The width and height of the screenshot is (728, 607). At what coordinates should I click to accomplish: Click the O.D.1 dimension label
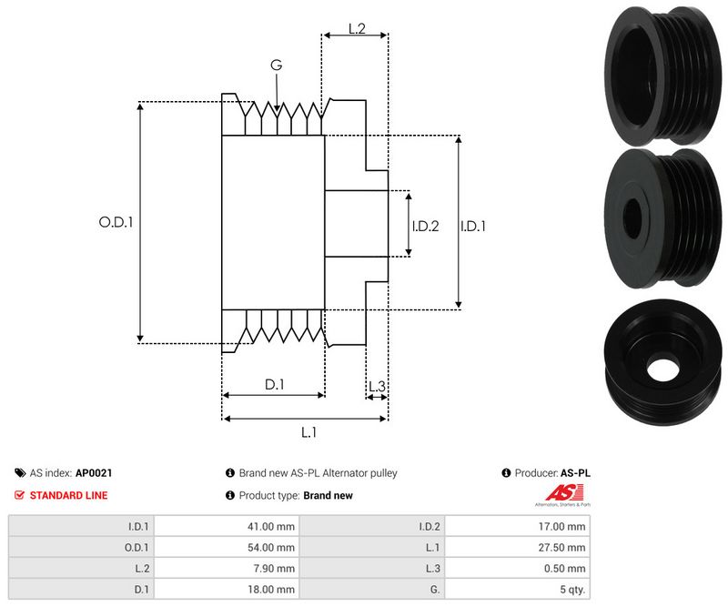point(116,221)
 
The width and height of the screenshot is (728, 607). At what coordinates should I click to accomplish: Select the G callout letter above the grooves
point(277,66)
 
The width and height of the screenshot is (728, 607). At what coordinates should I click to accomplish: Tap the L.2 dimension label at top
point(356,29)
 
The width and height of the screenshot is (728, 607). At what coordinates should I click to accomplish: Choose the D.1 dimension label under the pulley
point(274,385)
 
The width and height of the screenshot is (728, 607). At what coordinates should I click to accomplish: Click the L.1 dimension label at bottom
point(308,432)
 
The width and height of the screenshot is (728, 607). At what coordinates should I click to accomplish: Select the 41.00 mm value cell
point(274,526)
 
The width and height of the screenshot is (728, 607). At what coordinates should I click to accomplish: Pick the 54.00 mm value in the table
point(274,547)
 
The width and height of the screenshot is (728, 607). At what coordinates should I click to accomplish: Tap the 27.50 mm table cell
point(564,547)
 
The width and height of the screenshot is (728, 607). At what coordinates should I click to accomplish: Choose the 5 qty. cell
point(571,589)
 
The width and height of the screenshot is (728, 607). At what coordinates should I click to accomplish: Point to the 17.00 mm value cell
point(564,526)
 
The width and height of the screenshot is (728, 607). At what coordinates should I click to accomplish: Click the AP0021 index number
point(94,473)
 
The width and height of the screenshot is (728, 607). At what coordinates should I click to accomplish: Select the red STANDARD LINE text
point(68,495)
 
